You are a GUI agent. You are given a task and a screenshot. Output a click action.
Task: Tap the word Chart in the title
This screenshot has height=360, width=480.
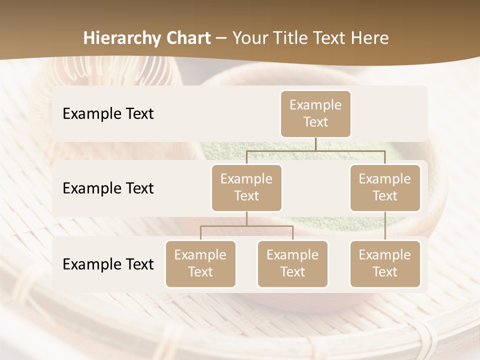pyautogui.click(x=188, y=38)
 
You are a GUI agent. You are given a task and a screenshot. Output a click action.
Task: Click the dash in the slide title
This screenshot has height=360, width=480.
pyautogui.click(x=221, y=38)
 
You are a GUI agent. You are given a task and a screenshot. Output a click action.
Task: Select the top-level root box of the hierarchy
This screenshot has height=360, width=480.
pyautogui.click(x=315, y=114)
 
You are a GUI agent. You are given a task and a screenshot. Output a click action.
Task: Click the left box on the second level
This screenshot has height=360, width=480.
pyautogui.click(x=246, y=188)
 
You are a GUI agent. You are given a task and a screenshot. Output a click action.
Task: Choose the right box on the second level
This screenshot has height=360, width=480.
pyautogui.click(x=385, y=188)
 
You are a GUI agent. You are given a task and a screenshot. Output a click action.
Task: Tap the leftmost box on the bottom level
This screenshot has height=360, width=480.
pyautogui.click(x=200, y=264)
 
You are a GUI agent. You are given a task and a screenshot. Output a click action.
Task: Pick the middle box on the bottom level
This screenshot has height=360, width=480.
pyautogui.click(x=292, y=264)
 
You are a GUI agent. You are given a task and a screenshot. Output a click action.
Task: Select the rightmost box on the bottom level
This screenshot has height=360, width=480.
pyautogui.click(x=385, y=264)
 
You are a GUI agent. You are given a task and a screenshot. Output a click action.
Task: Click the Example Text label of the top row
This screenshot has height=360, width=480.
pyautogui.click(x=108, y=114)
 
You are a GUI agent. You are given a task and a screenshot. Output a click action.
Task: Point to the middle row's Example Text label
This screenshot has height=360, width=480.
pyautogui.click(x=108, y=188)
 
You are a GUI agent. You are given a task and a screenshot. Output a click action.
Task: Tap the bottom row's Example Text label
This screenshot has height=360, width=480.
pyautogui.click(x=108, y=264)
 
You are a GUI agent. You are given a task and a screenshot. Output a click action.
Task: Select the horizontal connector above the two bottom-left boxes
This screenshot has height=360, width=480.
pyautogui.click(x=246, y=226)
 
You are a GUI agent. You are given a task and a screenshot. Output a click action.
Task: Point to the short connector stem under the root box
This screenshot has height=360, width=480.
pyautogui.click(x=315, y=144)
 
